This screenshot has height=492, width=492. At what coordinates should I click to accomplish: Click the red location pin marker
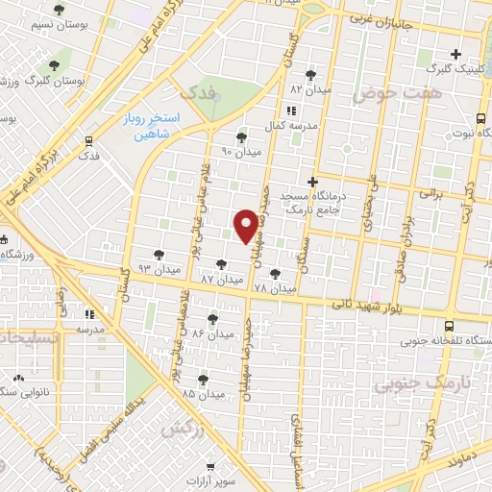246,226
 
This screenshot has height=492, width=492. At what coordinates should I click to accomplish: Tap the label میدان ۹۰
240,152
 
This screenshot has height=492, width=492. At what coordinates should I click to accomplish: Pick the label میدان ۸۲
310,88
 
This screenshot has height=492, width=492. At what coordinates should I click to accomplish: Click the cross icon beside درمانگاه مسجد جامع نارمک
311,181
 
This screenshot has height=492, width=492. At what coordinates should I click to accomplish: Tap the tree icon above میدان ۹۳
159,254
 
